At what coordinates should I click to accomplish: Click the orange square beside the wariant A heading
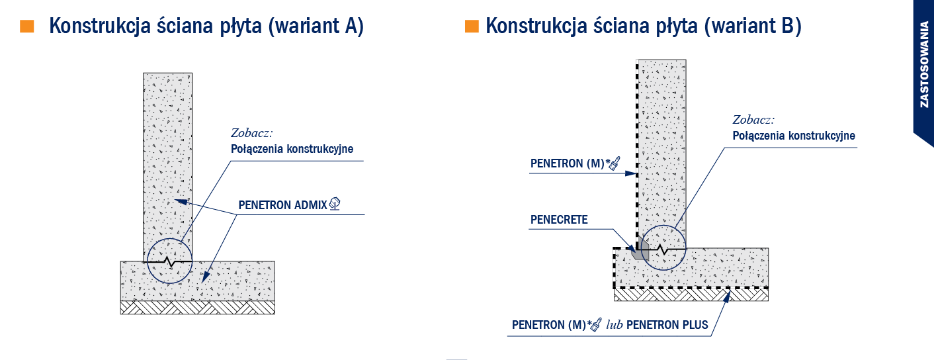pos(26,26)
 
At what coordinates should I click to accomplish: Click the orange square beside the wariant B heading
pos(472,26)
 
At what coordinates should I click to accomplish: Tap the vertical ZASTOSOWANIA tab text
pos(925,65)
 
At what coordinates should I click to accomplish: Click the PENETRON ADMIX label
pos(282,205)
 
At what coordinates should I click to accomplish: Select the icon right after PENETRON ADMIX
pos(335,204)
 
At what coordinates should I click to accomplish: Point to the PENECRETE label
pos(559,220)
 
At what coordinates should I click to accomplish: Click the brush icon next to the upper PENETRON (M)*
pos(615,163)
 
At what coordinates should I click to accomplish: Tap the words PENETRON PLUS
pos(667,325)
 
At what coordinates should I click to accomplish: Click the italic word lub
pos(615,325)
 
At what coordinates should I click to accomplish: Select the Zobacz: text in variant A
pos(252,133)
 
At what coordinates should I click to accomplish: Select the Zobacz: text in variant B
pos(753,120)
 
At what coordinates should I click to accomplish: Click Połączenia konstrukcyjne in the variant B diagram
pos(794,136)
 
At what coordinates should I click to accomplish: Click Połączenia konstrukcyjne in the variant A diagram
pos(292,150)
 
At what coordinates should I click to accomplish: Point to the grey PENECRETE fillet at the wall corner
pos(640,249)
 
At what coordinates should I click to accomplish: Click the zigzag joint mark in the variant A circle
pos(170,262)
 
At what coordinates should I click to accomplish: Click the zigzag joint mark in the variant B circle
pos(663,249)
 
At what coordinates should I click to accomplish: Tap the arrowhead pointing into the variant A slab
pos(206,277)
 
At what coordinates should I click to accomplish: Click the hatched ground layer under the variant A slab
pos(198,308)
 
